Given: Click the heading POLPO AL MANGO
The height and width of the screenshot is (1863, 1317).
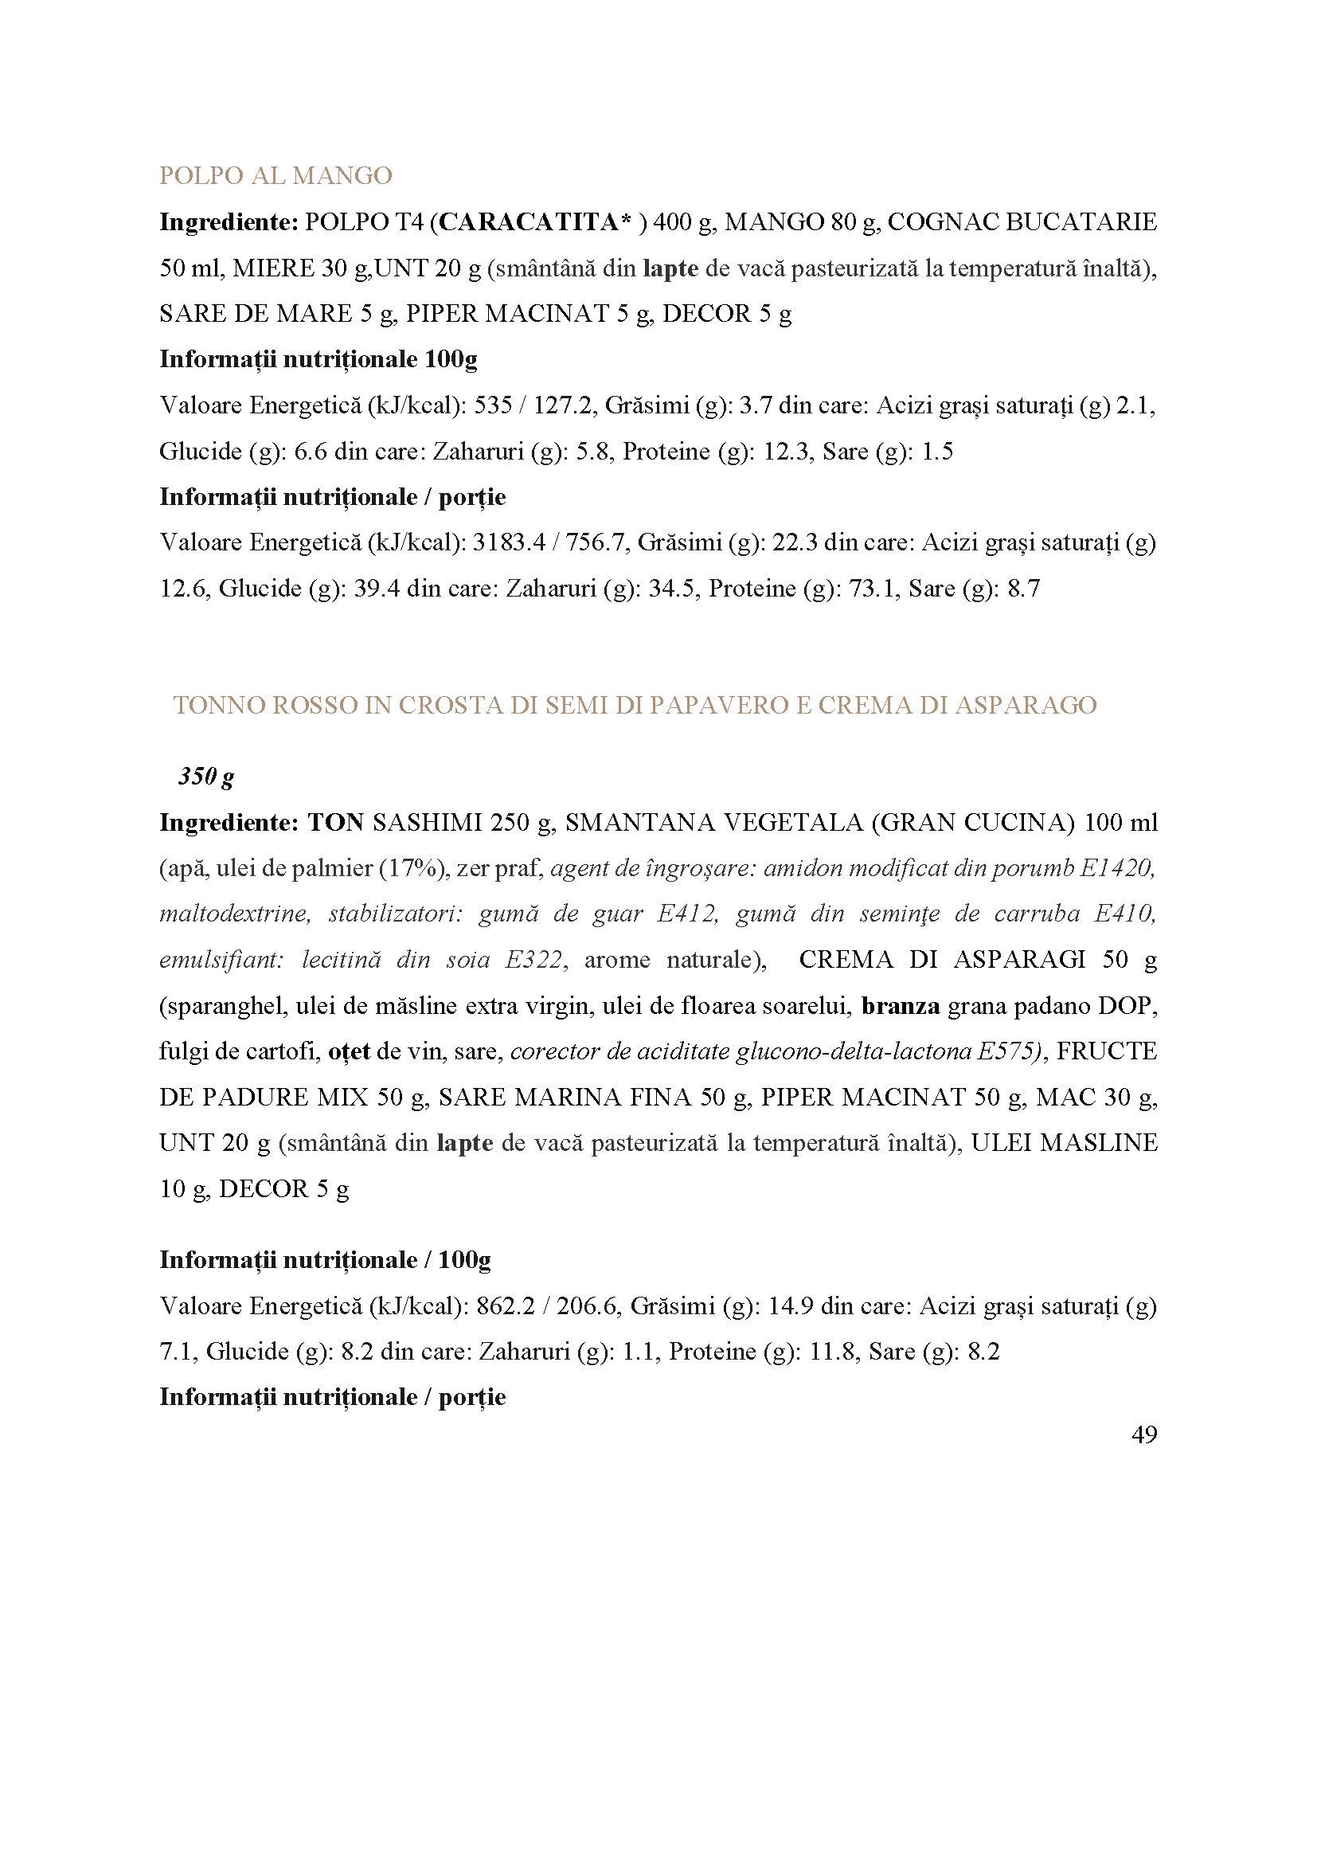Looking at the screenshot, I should [276, 175].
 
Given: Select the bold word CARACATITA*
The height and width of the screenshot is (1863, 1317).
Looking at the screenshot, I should [534, 221].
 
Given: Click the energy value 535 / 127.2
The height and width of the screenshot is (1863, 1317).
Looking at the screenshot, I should [533, 405].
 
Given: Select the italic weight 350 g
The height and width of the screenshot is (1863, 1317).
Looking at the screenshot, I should [206, 777].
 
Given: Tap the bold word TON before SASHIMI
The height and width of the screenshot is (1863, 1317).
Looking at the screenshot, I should [335, 823].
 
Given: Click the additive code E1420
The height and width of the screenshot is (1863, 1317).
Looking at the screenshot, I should [1116, 868].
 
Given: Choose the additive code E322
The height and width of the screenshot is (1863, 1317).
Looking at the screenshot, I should [533, 960].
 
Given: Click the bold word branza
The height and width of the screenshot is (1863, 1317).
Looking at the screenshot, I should [901, 1006].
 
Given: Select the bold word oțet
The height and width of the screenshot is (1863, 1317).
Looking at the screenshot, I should [349, 1051].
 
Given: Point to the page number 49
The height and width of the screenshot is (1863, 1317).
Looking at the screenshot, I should [1143, 1434].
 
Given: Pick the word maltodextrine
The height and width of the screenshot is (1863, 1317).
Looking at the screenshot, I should [235, 914].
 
